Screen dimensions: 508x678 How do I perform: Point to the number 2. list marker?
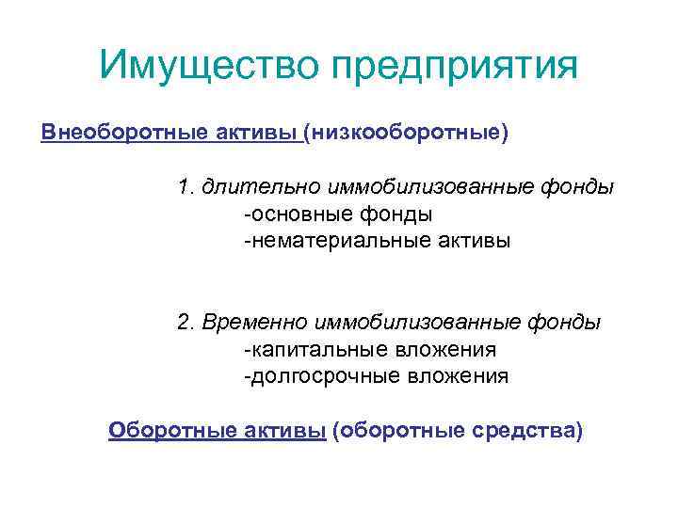click(x=186, y=323)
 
